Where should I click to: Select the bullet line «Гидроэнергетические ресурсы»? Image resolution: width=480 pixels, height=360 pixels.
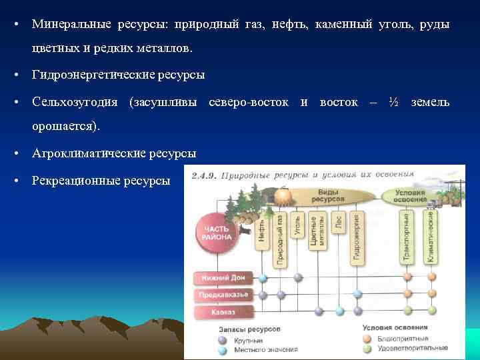[x=118, y=75]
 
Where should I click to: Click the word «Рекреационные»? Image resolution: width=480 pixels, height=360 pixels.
[x=72, y=180]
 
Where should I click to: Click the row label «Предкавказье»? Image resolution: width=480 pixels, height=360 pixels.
[x=222, y=293]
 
